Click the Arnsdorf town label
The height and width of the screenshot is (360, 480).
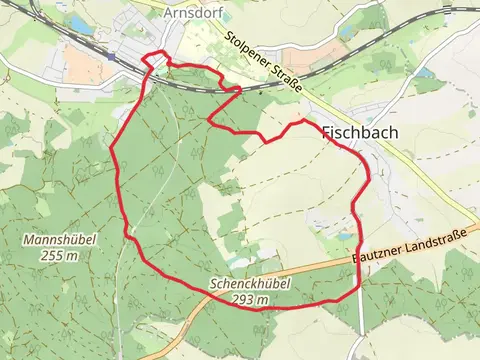pos(193,13)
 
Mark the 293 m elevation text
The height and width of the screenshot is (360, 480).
pos(252,298)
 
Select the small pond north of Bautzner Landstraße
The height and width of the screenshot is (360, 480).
pos(344,236)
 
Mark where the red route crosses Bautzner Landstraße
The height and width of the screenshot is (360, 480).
pos(358,262)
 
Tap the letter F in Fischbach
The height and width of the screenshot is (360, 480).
pos(327,131)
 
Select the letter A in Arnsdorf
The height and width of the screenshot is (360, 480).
pos(166,13)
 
